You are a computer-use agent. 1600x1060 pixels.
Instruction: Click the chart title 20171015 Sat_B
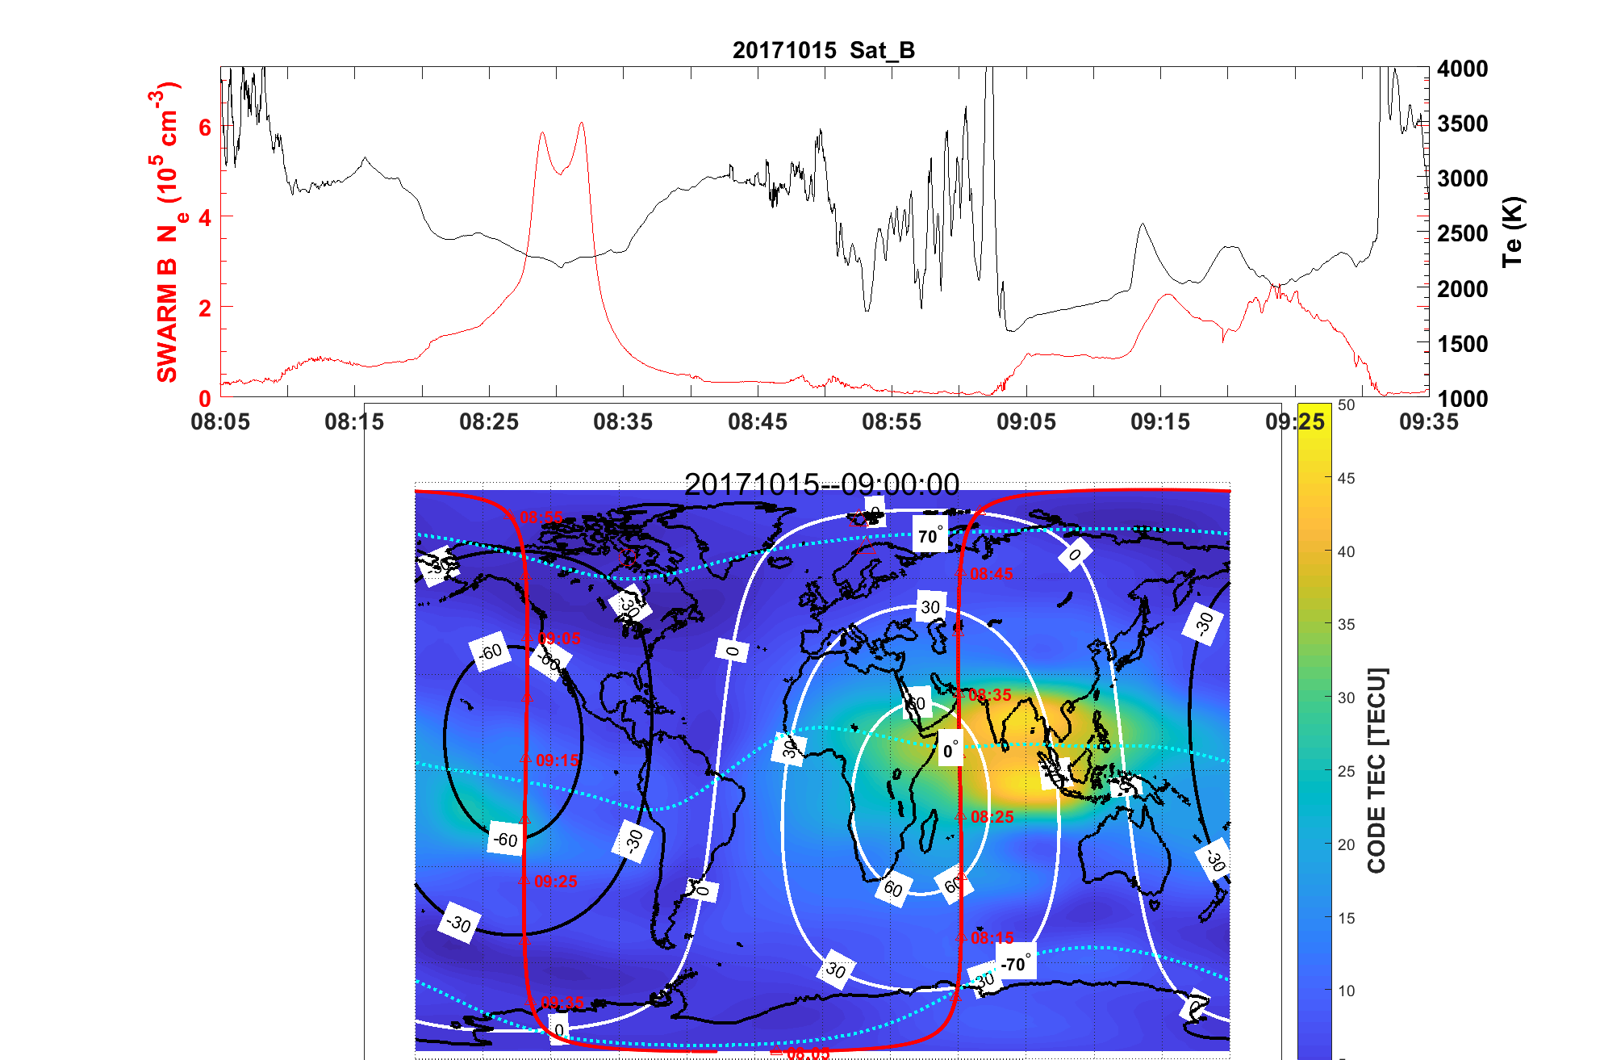tap(823, 50)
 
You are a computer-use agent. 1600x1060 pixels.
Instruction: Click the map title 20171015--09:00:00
tap(821, 484)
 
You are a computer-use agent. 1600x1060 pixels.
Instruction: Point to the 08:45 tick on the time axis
tap(757, 421)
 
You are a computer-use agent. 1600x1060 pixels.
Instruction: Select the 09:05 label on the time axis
tap(1026, 421)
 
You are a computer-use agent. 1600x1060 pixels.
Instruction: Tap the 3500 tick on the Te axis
tap(1462, 124)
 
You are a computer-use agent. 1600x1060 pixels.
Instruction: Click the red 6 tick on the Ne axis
tap(205, 128)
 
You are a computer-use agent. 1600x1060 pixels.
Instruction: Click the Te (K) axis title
tap(1512, 232)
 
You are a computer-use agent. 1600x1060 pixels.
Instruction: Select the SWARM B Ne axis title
tap(168, 233)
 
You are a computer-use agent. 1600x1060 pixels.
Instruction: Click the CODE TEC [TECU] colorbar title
tap(1377, 770)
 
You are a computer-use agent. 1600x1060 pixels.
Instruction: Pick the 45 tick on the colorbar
tap(1346, 478)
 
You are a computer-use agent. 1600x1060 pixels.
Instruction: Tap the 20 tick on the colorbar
tap(1346, 844)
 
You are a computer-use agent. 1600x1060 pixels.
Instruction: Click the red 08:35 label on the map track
tap(989, 695)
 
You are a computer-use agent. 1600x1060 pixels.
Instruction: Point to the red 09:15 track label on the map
tap(557, 760)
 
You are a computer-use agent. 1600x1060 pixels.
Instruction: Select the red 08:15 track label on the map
tap(992, 938)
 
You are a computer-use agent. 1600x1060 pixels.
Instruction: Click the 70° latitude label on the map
tap(930, 536)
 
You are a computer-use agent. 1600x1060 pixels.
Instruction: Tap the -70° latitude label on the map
tap(1015, 964)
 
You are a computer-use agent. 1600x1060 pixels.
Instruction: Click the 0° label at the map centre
tap(951, 750)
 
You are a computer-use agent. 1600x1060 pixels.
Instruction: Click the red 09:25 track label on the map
tap(555, 882)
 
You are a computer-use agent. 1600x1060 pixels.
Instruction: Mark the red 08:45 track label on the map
tap(991, 574)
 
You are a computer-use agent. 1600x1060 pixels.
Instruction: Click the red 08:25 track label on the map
tap(992, 817)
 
